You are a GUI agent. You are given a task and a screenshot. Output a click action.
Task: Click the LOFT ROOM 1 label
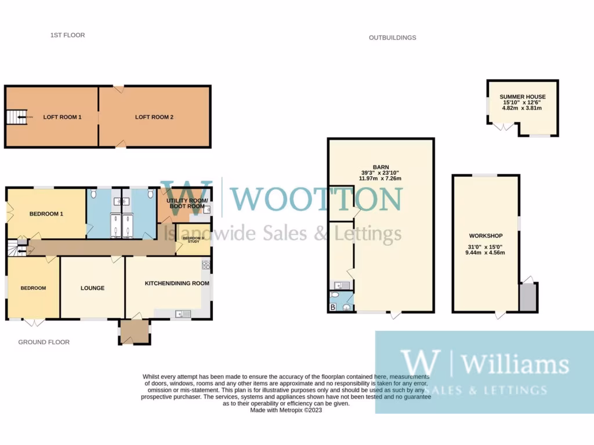click(62, 117)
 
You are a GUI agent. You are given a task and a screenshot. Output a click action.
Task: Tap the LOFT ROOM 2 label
click(154, 117)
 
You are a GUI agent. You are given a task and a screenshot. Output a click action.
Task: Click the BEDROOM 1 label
click(46, 214)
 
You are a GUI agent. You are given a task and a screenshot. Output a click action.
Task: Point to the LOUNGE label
click(92, 288)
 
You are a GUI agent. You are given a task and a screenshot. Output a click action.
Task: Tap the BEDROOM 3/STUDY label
click(193, 240)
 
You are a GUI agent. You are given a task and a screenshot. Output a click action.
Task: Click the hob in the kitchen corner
click(205, 265)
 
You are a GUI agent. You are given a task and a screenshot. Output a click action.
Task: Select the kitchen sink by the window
click(182, 314)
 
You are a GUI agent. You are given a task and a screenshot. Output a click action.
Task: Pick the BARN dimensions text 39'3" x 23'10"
click(381, 173)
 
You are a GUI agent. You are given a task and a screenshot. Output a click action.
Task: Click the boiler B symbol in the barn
click(332, 307)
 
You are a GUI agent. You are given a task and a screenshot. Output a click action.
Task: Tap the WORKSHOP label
click(486, 236)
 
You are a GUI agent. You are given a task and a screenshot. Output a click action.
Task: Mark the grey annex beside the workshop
click(528, 297)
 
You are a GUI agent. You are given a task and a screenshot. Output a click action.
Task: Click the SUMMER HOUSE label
click(522, 97)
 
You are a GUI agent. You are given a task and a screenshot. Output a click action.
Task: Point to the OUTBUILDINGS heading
click(392, 38)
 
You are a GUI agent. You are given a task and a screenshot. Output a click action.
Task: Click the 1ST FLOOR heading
click(67, 35)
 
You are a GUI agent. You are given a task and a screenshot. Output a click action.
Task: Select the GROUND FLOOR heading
click(44, 342)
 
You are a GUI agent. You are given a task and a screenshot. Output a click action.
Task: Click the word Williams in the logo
click(515, 364)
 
